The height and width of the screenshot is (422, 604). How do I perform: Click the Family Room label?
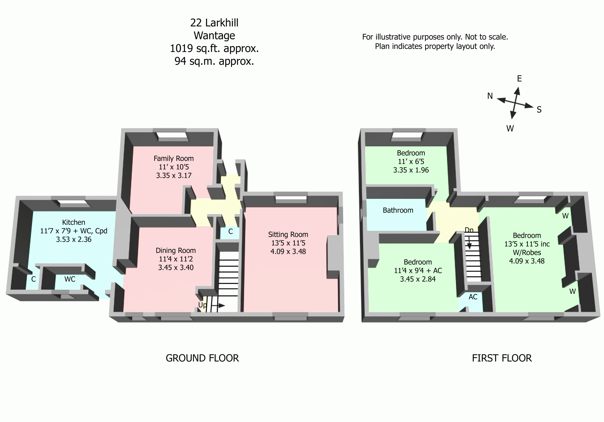tap(174, 159)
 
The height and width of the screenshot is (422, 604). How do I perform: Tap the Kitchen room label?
tap(74, 222)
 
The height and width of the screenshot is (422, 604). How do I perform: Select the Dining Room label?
tap(176, 251)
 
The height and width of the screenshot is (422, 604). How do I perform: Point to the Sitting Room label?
tap(288, 235)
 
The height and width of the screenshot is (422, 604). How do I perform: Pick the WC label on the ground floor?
tap(70, 279)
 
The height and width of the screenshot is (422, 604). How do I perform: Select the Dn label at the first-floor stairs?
tap(469, 230)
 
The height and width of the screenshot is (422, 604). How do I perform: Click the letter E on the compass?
tap(519, 79)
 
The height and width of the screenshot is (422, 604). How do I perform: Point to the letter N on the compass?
tap(490, 96)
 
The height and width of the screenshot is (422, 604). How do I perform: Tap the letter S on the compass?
tap(539, 110)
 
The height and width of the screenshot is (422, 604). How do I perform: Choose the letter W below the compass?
tap(510, 129)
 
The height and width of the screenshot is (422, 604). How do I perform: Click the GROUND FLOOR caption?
tap(202, 358)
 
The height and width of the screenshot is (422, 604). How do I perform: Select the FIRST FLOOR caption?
tap(502, 358)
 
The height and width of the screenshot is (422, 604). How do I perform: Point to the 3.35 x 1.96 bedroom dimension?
tap(411, 170)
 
